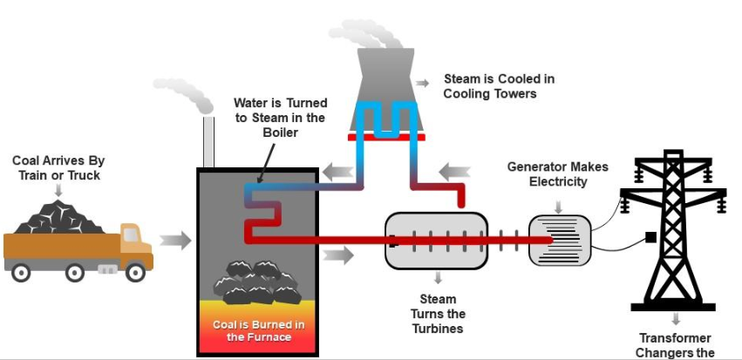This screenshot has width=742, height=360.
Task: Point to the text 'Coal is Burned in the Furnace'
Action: [259, 330]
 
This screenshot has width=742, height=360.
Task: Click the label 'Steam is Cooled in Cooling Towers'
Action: [499, 86]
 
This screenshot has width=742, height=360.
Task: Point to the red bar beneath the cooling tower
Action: [384, 137]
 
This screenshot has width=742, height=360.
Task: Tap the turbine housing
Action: [436, 241]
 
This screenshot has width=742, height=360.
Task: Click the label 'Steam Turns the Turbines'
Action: [438, 314]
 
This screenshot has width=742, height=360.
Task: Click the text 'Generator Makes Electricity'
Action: [558, 174]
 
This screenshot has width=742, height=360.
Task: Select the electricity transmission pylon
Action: [675, 227]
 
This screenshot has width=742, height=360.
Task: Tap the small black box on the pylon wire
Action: [650, 236]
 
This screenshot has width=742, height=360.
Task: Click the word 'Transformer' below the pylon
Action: [675, 338]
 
